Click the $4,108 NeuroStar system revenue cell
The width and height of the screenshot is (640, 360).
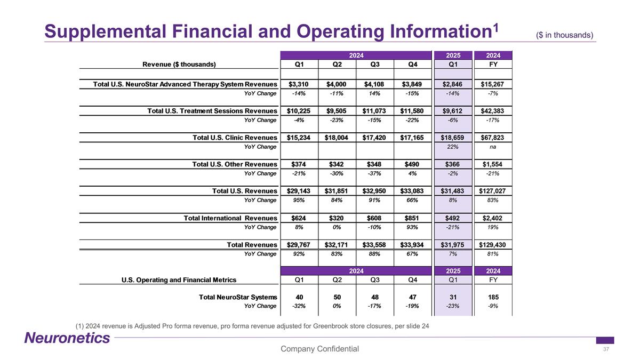pyautogui.click(x=374, y=84)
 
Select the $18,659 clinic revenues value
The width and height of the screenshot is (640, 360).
pyautogui.click(x=452, y=138)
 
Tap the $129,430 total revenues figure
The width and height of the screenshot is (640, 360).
pyautogui.click(x=492, y=245)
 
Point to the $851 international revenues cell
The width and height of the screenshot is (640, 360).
pyautogui.click(x=412, y=218)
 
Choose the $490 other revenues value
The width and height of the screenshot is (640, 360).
pyautogui.click(x=412, y=164)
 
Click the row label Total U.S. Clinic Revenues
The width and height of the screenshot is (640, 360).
pyautogui.click(x=235, y=138)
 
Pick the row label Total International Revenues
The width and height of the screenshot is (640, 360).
pyautogui.click(x=230, y=218)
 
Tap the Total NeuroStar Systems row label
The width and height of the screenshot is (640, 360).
pyautogui.click(x=238, y=297)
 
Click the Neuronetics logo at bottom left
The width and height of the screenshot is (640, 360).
pyautogui.click(x=67, y=338)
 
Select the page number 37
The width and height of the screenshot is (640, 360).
pyautogui.click(x=606, y=349)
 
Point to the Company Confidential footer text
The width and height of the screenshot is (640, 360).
pyautogui.click(x=319, y=349)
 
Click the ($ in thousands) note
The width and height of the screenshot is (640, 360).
pyautogui.click(x=565, y=35)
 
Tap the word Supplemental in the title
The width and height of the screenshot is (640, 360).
pyautogui.click(x=106, y=31)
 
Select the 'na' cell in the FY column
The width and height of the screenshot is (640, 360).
pyautogui.click(x=493, y=147)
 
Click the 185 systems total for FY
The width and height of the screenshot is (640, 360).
pyautogui.click(x=493, y=297)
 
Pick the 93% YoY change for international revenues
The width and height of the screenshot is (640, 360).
pyautogui.click(x=412, y=227)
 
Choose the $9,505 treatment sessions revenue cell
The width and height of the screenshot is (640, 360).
pyautogui.click(x=337, y=111)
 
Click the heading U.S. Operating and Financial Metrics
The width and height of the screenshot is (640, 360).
pyautogui.click(x=179, y=280)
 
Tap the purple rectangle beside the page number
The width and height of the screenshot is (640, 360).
pyautogui.click(x=605, y=340)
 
